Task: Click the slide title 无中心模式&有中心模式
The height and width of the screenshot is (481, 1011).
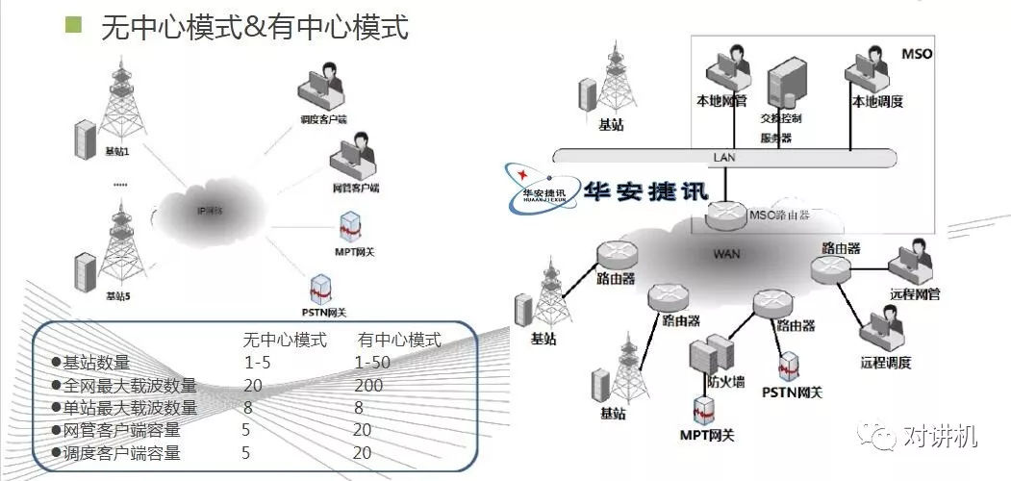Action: (254, 27)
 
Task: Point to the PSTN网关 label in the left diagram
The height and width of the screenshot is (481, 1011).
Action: (323, 312)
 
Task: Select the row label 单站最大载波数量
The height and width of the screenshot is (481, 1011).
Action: (129, 408)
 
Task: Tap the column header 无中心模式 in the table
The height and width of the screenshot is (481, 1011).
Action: (284, 340)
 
